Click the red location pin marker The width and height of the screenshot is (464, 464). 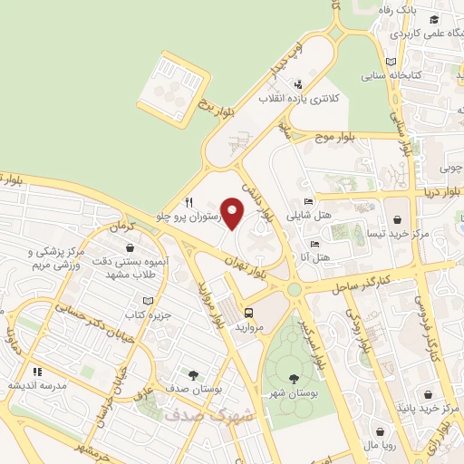pyautogui.click(x=233, y=213)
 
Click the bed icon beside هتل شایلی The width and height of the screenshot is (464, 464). pyautogui.click(x=309, y=202)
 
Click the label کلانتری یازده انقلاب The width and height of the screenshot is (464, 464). pyautogui.click(x=298, y=97)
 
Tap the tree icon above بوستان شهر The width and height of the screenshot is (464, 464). pyautogui.click(x=293, y=379)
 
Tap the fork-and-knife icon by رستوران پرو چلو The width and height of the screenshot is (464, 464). pyautogui.click(x=188, y=202)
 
